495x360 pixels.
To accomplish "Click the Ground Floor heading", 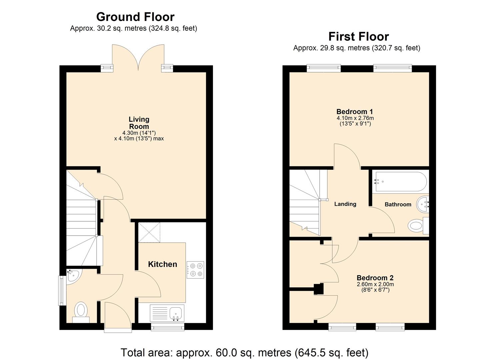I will pyautogui.click(x=135, y=17).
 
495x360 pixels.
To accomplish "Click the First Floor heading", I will pyautogui.click(x=358, y=36).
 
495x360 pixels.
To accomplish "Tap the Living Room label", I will pyautogui.click(x=139, y=123).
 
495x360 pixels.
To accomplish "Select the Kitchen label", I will pyautogui.click(x=162, y=264).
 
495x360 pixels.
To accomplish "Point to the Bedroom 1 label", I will pyautogui.click(x=355, y=112).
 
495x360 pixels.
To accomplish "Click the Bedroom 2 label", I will pyautogui.click(x=375, y=278).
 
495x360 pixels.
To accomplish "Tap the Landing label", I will pyautogui.click(x=345, y=204).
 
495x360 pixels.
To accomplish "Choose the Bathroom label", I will pyautogui.click(x=398, y=204).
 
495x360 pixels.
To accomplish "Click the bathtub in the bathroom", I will pyautogui.click(x=399, y=182).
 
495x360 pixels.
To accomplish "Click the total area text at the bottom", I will pyautogui.click(x=244, y=352).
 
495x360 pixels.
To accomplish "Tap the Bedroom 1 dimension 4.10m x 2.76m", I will pyautogui.click(x=355, y=118).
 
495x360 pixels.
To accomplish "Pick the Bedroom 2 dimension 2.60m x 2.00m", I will pyautogui.click(x=375, y=284).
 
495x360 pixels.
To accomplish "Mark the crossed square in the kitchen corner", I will pyautogui.click(x=149, y=232).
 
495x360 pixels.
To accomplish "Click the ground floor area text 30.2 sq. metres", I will pyautogui.click(x=133, y=28).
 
